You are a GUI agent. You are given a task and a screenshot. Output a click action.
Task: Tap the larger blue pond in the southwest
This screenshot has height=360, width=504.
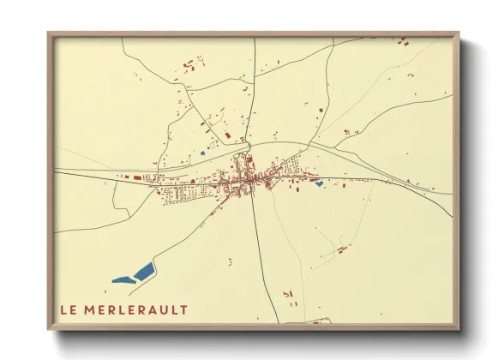(x=144, y=272)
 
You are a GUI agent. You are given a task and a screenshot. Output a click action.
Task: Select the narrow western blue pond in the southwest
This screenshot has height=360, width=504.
(x=123, y=279)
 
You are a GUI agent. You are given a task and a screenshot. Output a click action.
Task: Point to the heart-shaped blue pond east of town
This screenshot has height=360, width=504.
(x=319, y=183)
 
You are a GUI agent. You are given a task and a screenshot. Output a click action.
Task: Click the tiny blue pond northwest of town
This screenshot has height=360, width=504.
(x=202, y=153)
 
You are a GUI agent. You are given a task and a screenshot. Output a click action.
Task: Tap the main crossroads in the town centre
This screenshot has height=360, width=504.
(x=253, y=181)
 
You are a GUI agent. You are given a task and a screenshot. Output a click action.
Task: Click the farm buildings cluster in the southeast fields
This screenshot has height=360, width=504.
(x=341, y=249)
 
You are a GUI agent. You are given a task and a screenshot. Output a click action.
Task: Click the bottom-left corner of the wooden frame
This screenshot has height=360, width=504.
(x=50, y=328)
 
